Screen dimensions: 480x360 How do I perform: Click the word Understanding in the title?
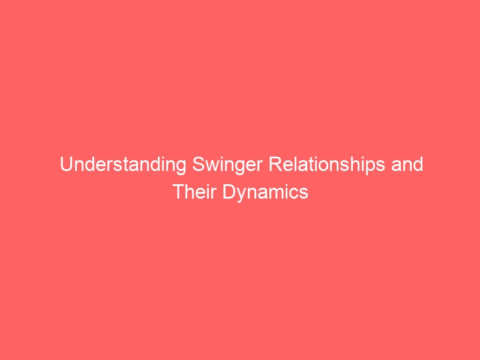pyautogui.click(x=123, y=164)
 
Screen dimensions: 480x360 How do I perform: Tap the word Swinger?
pyautogui.click(x=227, y=164)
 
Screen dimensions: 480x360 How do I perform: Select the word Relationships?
pyautogui.click(x=327, y=164)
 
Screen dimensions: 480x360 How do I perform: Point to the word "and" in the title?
pyautogui.click(x=407, y=164)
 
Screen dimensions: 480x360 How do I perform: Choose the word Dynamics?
pyautogui.click(x=265, y=193)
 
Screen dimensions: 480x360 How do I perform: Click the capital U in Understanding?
pyautogui.click(x=66, y=164)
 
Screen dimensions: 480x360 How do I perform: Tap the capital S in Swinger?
pyautogui.click(x=199, y=164)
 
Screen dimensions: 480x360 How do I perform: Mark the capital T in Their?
pyautogui.click(x=179, y=192)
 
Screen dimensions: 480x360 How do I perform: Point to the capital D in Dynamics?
pyautogui.click(x=229, y=192)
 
